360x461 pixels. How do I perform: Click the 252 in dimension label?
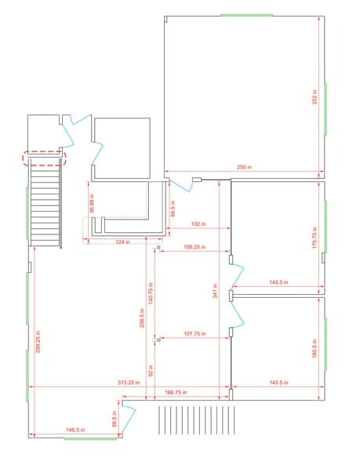click(315, 97)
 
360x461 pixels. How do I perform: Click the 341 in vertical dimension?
click(213, 295)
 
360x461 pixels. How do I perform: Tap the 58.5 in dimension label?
click(115, 421)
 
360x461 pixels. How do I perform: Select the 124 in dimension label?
click(122, 241)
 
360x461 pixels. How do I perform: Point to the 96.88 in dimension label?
click(92, 201)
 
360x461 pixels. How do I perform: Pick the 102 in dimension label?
click(198, 224)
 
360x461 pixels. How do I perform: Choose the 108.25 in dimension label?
click(195, 248)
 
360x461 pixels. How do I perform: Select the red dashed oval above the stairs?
click(45, 158)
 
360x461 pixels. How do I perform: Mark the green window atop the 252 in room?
click(246, 15)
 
